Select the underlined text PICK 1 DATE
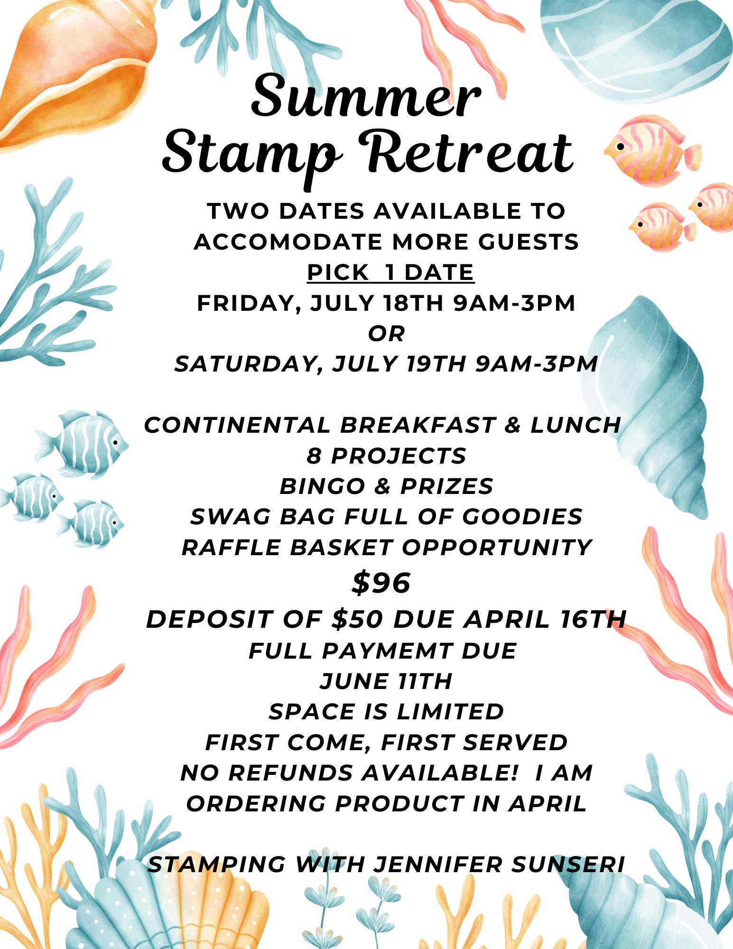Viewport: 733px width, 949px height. tap(390, 272)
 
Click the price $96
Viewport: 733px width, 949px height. tap(381, 583)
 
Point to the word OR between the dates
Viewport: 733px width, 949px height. tap(387, 334)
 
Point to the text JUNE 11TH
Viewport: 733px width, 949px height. tap(386, 681)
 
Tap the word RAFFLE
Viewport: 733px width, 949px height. tap(232, 548)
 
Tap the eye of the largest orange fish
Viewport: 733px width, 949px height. tap(620, 146)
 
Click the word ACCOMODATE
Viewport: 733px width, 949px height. tap(289, 242)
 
